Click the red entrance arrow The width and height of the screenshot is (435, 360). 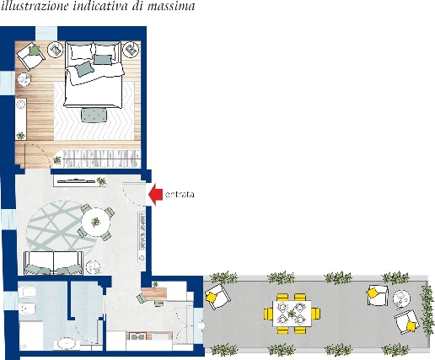155,194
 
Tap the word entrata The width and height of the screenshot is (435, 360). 180,195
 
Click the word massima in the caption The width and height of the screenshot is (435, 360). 171,6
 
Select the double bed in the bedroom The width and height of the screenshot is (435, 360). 94,74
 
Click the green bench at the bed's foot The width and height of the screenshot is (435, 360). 94,116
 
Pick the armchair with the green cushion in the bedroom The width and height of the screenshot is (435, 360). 30,56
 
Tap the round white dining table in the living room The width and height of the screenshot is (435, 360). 95,223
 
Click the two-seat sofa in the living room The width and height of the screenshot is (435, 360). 53,263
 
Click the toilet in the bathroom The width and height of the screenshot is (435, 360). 27,293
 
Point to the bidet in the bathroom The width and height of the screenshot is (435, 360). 27,309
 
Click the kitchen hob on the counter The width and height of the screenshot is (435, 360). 137,336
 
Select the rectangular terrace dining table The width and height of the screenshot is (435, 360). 292,314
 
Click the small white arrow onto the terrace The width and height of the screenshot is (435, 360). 201,325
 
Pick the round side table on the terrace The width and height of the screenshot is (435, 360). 401,298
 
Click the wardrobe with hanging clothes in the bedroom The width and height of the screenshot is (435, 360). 101,159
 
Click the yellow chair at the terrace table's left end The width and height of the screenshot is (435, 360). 268,314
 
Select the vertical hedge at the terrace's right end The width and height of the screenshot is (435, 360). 427,310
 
